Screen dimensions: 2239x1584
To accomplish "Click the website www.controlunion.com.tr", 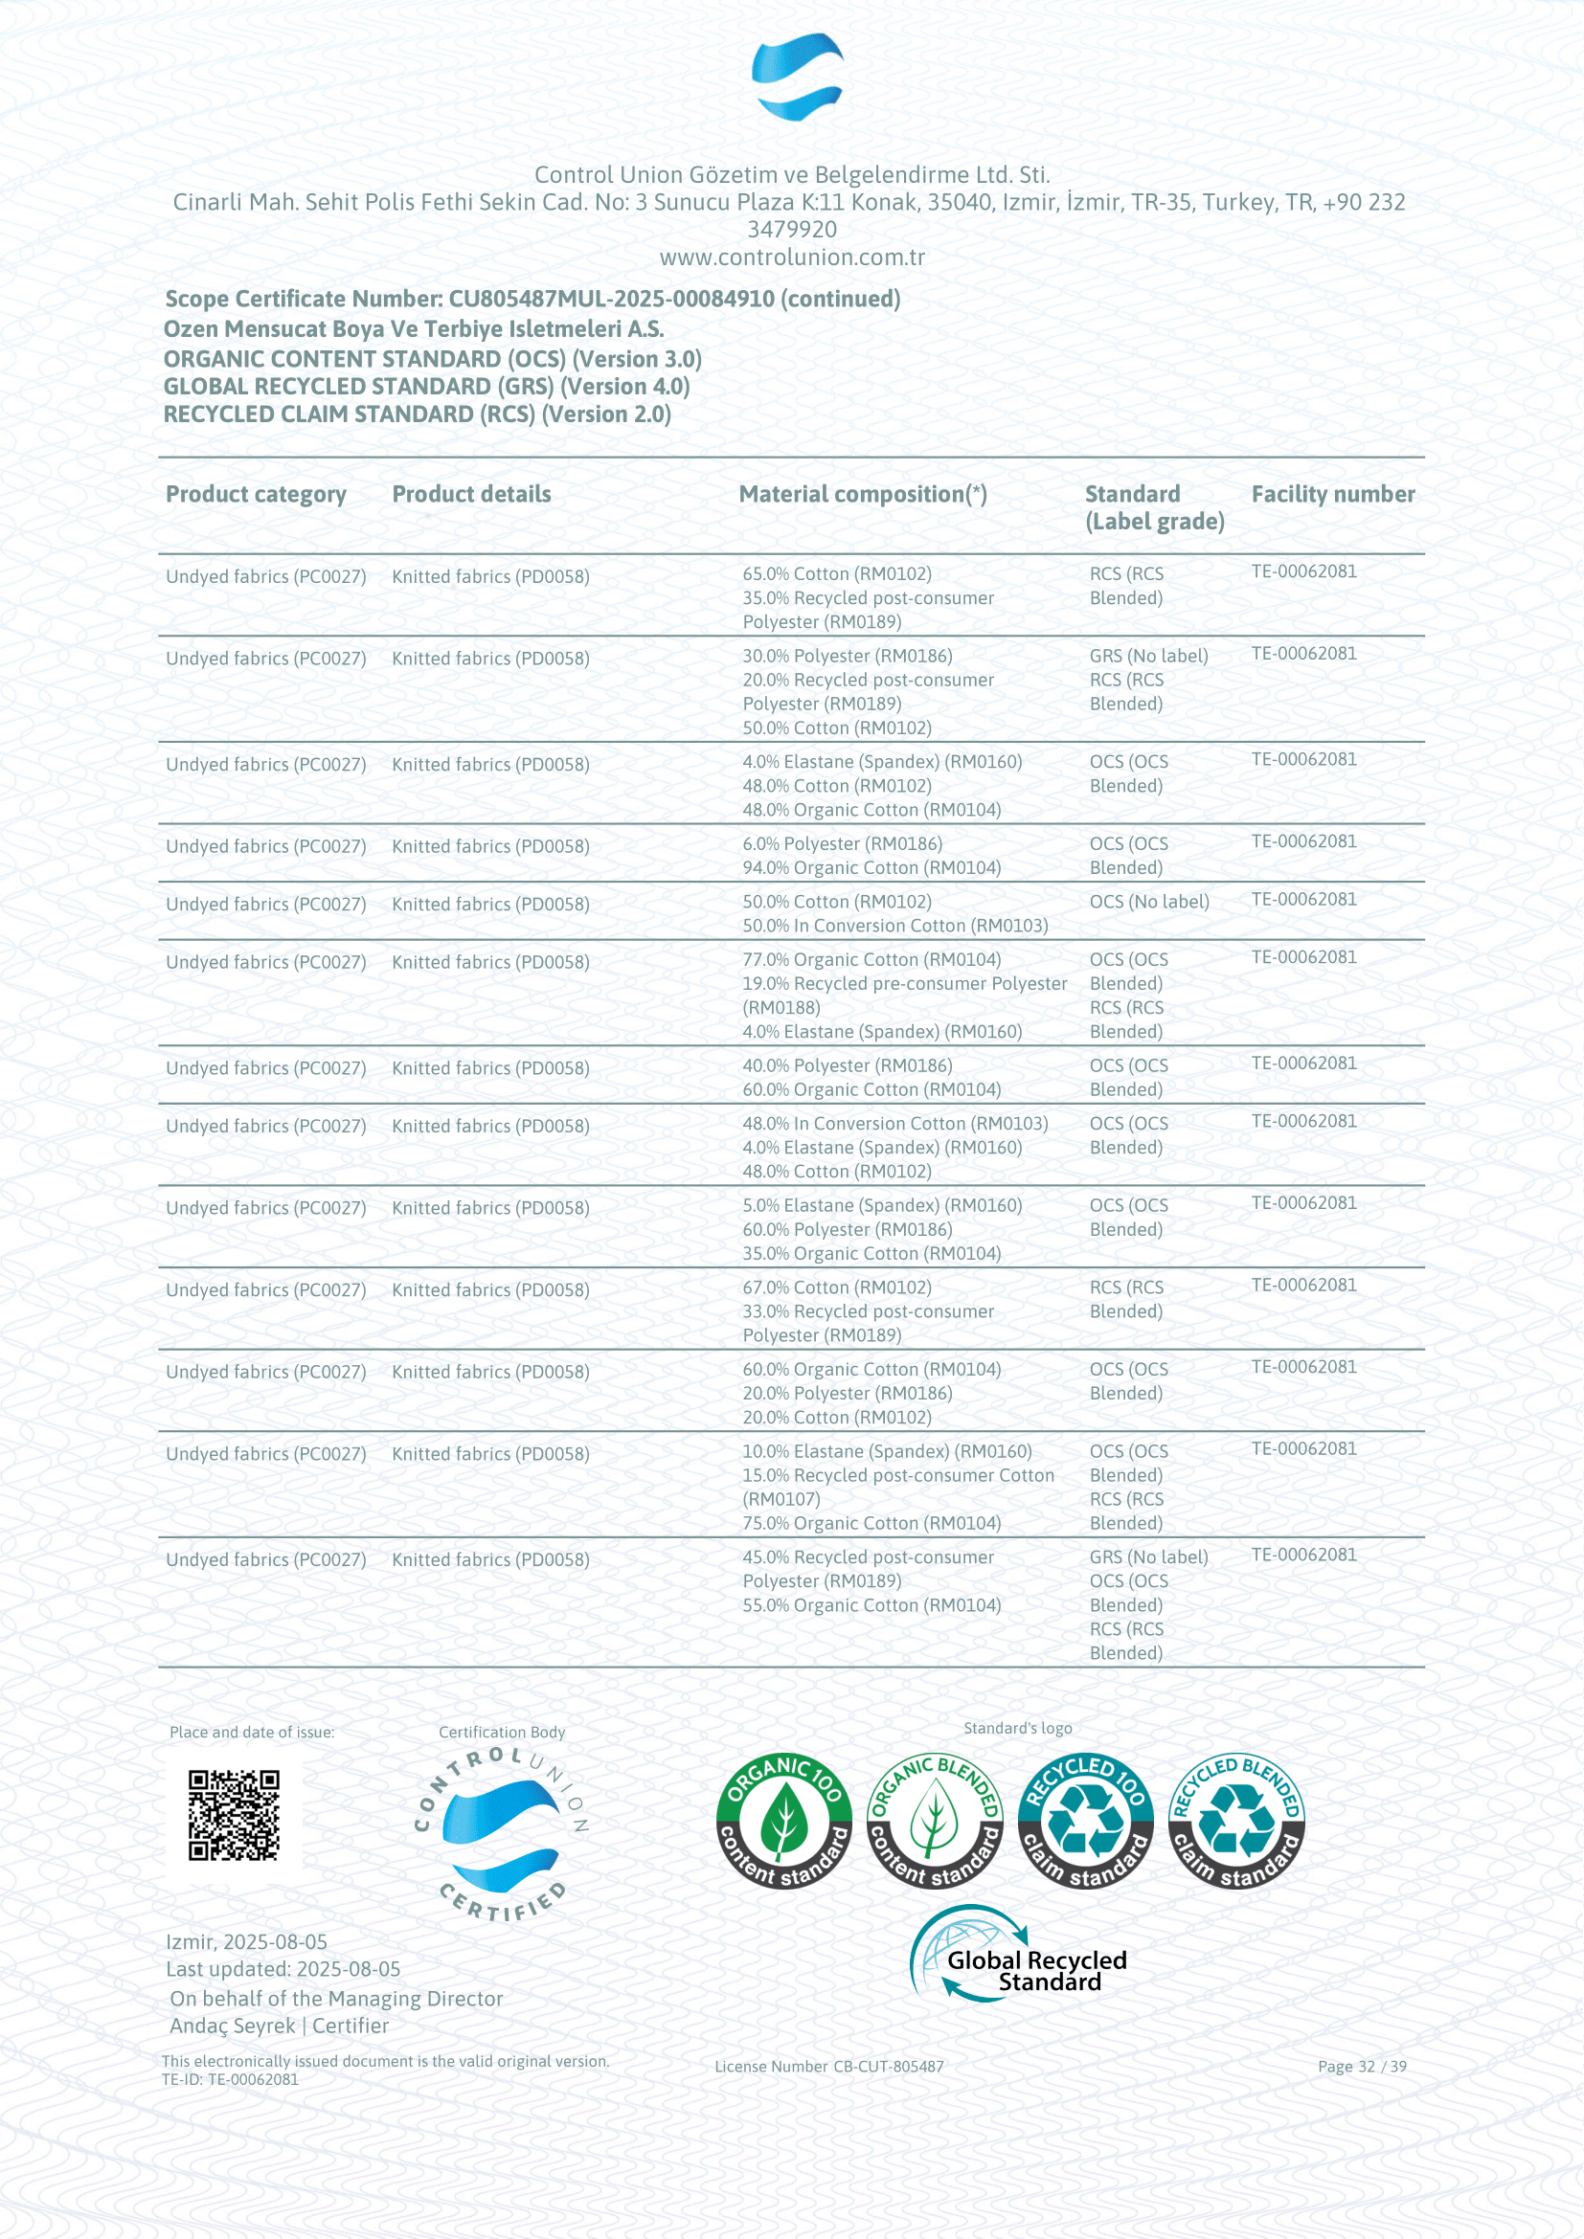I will [792, 257].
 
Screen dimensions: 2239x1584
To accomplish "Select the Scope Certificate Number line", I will [532, 299].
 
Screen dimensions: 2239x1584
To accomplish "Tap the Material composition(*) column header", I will [863, 494].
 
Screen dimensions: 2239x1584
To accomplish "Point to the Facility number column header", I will [1332, 494].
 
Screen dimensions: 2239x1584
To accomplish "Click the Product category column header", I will [256, 494].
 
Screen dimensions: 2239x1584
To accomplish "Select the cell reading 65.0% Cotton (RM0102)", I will [837, 573].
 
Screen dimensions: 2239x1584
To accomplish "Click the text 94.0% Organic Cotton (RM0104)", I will [871, 868].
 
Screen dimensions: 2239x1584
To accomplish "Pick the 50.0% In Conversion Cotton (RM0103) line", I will [894, 926].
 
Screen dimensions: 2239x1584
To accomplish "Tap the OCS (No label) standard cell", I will [1149, 902].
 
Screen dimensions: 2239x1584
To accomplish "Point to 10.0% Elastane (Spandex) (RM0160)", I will [887, 1451].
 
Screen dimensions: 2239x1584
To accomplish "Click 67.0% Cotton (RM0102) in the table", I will [837, 1287].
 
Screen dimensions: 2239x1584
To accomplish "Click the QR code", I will [234, 1816].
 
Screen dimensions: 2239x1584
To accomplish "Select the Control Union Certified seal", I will [501, 1835].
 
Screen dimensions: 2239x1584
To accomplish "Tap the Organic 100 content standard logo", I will [784, 1820].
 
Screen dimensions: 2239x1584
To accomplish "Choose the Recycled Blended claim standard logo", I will [1235, 1820].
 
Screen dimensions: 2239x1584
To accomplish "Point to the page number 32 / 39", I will [1362, 2067].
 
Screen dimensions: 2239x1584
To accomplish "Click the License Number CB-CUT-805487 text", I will [829, 2067].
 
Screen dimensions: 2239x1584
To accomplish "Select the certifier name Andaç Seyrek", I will [232, 2026].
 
